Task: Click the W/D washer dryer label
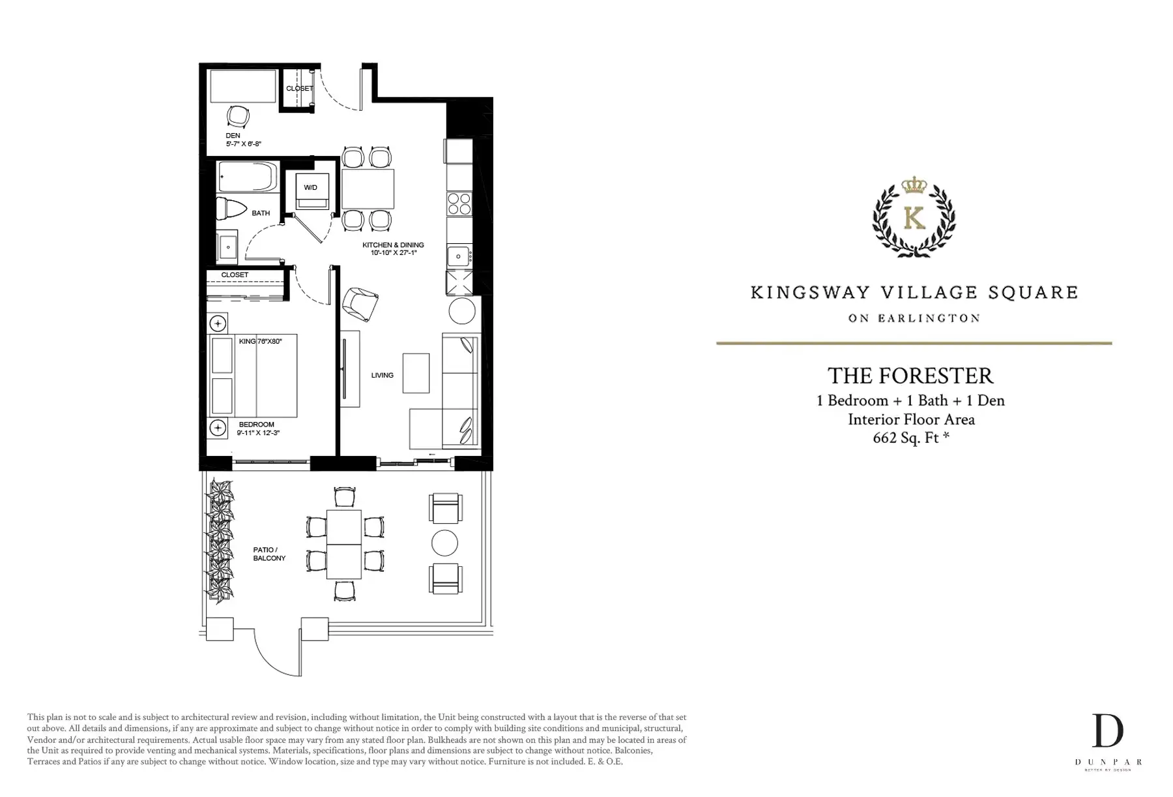pos(310,188)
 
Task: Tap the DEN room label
pos(233,136)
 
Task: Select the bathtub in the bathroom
pos(248,176)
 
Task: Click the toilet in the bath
pos(231,208)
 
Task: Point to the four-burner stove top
pos(459,204)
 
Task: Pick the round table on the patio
pos(444,543)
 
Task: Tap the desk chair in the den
pos(238,116)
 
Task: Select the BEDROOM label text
pos(256,425)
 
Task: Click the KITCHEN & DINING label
pos(393,245)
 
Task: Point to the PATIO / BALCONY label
pos(269,554)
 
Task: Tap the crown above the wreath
pos(914,185)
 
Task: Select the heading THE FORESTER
pos(910,376)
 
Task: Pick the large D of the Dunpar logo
pos(1108,730)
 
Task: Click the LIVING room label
pos(383,375)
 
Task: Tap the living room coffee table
pos(416,373)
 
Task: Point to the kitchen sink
pos(459,256)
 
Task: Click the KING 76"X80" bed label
pos(260,341)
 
